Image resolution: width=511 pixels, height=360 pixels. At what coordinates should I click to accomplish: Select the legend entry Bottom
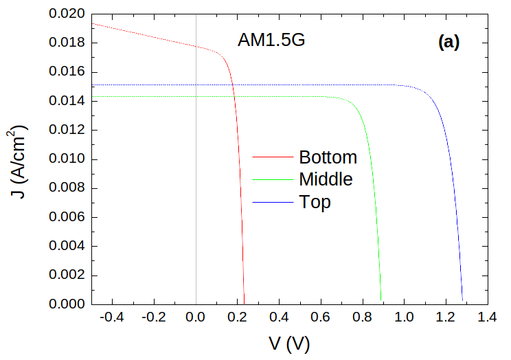point(328,157)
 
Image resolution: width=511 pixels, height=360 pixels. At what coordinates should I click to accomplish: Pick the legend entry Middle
point(326,179)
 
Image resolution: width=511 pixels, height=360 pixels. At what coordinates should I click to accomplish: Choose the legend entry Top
point(315,202)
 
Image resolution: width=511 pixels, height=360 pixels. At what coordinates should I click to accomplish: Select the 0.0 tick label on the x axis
point(196,317)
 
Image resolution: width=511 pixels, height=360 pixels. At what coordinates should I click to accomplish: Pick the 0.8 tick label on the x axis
point(363,317)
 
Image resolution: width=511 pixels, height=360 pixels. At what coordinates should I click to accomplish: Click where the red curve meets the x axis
point(245,304)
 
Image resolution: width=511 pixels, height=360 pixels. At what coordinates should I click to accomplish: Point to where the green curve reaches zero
point(382,304)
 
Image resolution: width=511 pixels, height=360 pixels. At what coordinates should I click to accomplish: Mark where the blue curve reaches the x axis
point(463,304)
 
